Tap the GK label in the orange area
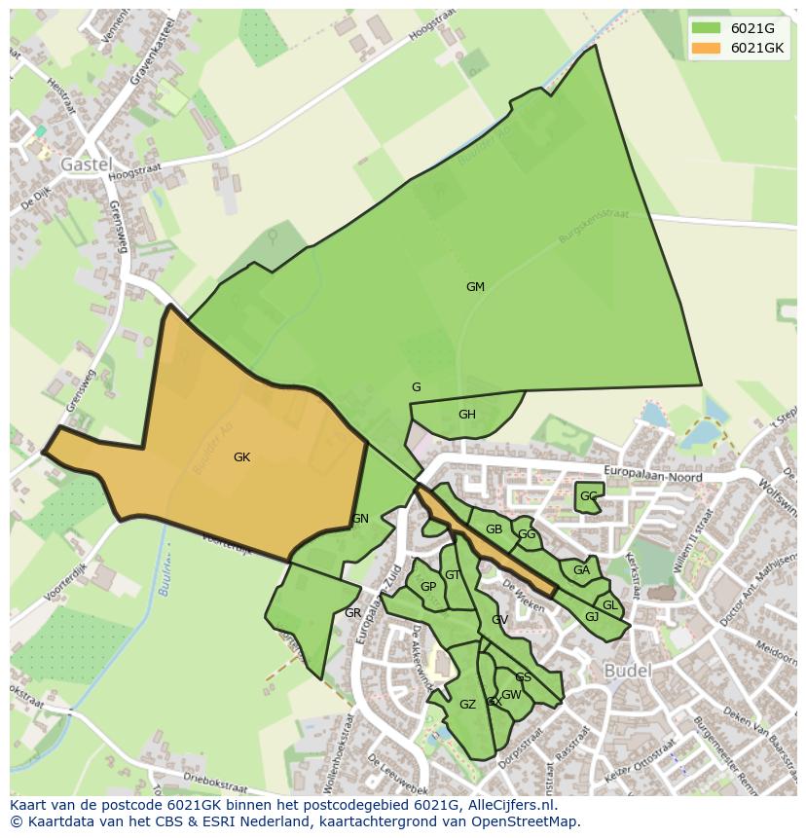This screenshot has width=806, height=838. click(x=241, y=456)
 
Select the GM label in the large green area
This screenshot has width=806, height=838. click(x=475, y=287)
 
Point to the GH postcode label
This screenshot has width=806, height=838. click(x=467, y=415)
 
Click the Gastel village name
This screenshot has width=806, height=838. click(x=87, y=164)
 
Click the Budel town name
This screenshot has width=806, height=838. click(x=629, y=672)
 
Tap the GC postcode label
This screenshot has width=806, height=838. click(x=588, y=496)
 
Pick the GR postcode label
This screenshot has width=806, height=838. click(x=352, y=613)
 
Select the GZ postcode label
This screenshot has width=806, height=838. click(x=467, y=705)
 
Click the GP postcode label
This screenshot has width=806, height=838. click(x=428, y=587)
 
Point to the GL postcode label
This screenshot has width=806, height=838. click(x=609, y=605)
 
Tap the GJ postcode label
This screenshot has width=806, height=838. click(x=592, y=617)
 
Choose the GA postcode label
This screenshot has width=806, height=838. click(x=581, y=570)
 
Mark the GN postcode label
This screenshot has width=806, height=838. click(x=360, y=519)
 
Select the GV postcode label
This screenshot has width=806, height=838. click(x=499, y=620)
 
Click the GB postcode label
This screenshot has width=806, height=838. click(x=494, y=529)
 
